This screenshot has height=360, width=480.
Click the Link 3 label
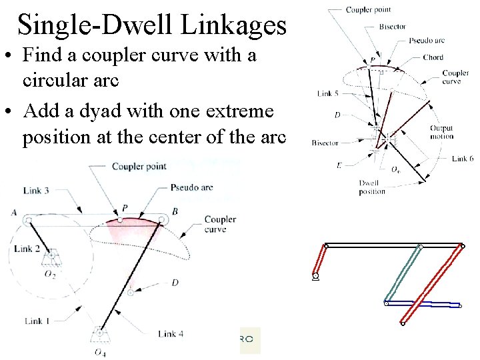[x=36, y=191]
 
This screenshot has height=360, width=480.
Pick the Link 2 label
[x=27, y=249]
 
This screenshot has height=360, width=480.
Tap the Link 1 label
[x=37, y=321]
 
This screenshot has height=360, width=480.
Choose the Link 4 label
[x=171, y=333]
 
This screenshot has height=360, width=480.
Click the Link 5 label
[x=327, y=93]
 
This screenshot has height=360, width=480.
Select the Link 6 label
[x=462, y=159]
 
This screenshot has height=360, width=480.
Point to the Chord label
[x=433, y=57]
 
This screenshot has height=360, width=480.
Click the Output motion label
[x=441, y=132]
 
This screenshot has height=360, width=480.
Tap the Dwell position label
[x=371, y=187]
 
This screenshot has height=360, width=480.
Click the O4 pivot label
[x=99, y=352]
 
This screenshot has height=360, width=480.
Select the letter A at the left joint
[x=14, y=212]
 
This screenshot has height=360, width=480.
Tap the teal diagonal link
[x=404, y=274]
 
